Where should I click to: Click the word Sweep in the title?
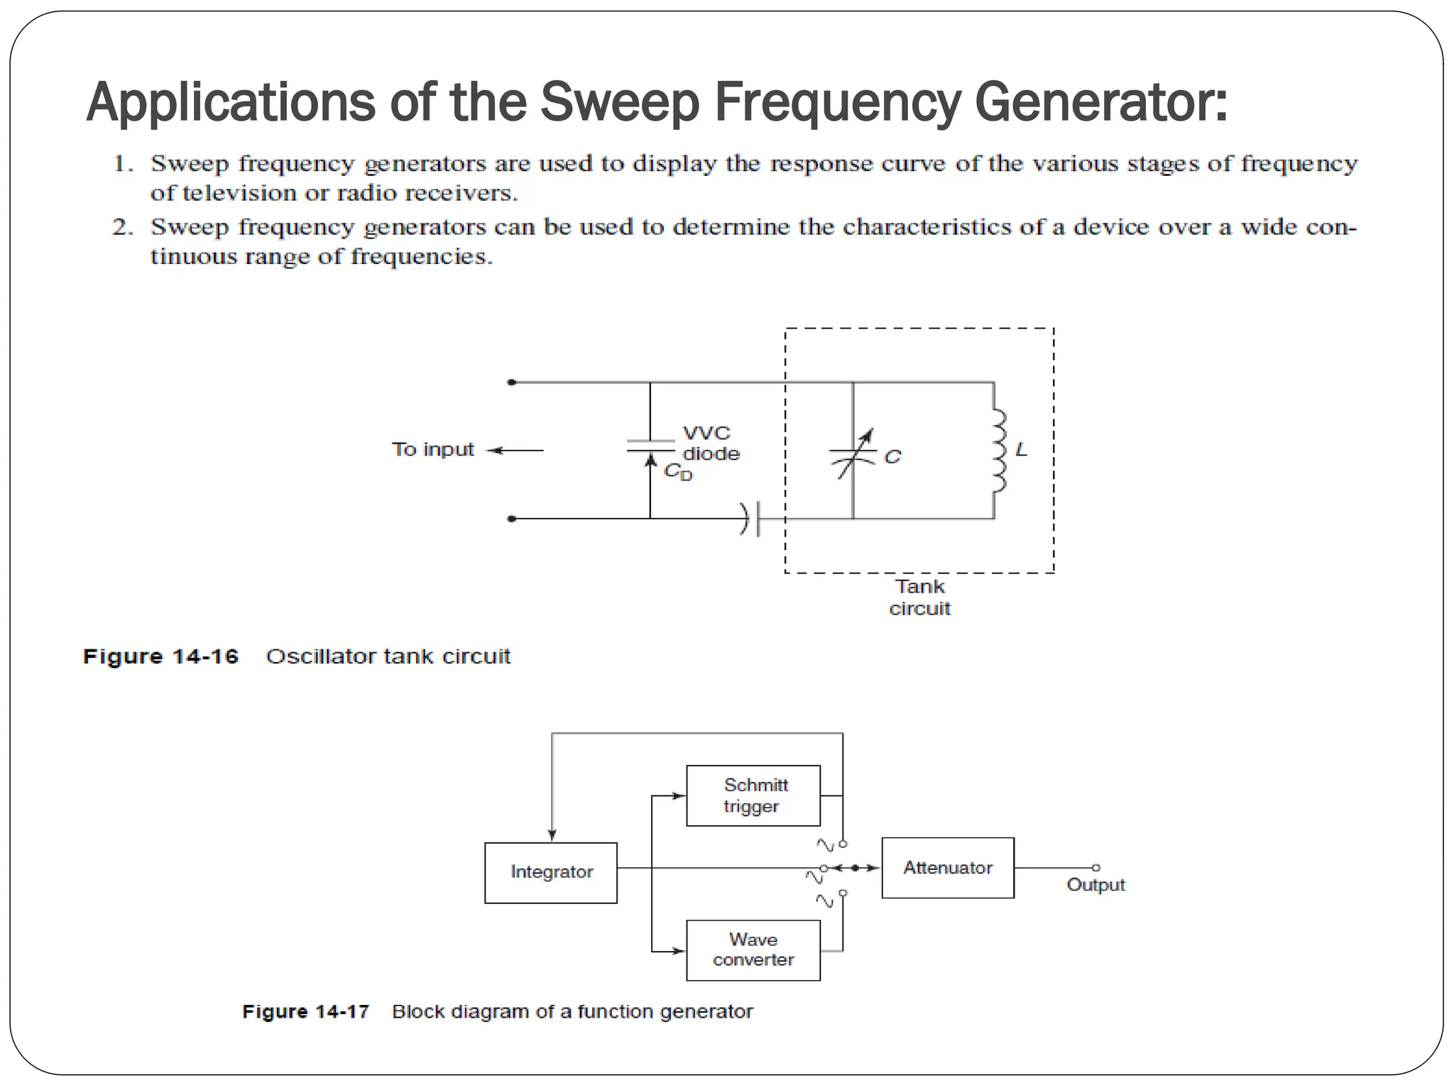[x=620, y=102]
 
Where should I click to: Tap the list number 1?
[x=123, y=164]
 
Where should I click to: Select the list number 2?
[x=123, y=227]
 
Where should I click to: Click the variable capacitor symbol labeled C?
[x=853, y=454]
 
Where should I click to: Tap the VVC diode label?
[x=710, y=444]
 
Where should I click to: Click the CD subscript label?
[x=677, y=472]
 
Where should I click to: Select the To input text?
[x=433, y=450]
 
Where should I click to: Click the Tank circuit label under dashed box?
[x=919, y=598]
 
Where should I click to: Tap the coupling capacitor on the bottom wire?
[x=751, y=519]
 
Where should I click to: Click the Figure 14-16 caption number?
[x=160, y=656]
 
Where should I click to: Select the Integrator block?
[x=551, y=872]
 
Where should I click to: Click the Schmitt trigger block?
[x=753, y=796]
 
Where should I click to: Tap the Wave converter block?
[x=753, y=950]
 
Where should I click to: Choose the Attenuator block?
[x=948, y=868]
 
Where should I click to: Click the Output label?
[x=1095, y=885]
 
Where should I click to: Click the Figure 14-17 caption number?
[x=305, y=1011]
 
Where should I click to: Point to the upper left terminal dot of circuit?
[x=512, y=382]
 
